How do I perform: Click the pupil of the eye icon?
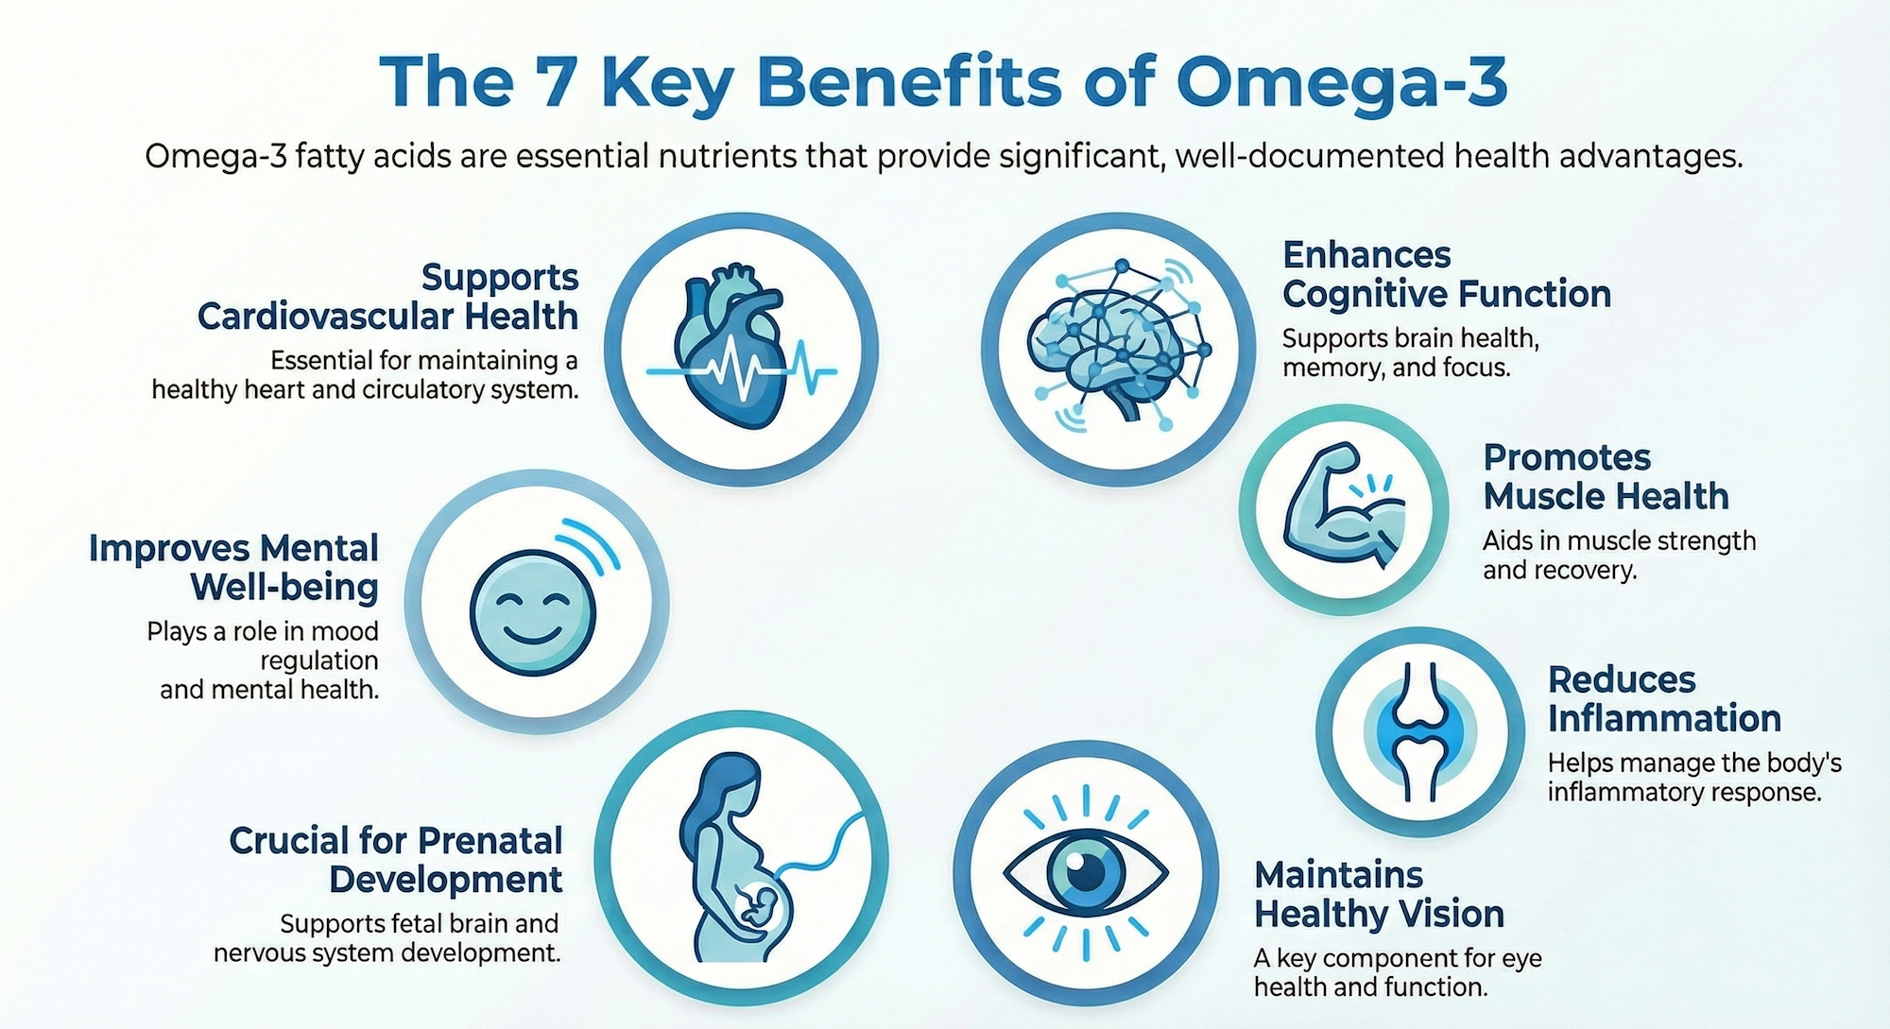1086,868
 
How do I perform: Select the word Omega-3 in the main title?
1342,82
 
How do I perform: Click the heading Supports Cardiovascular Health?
387,297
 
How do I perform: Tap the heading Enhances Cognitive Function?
1446,274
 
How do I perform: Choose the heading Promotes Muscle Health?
1606,476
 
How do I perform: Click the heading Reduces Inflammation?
1664,699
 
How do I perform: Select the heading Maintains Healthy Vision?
1379,894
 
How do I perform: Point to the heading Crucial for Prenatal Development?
396,860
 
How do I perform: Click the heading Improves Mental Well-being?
234,567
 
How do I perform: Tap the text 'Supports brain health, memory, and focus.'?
1410,352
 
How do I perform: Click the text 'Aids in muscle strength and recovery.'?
1619,555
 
